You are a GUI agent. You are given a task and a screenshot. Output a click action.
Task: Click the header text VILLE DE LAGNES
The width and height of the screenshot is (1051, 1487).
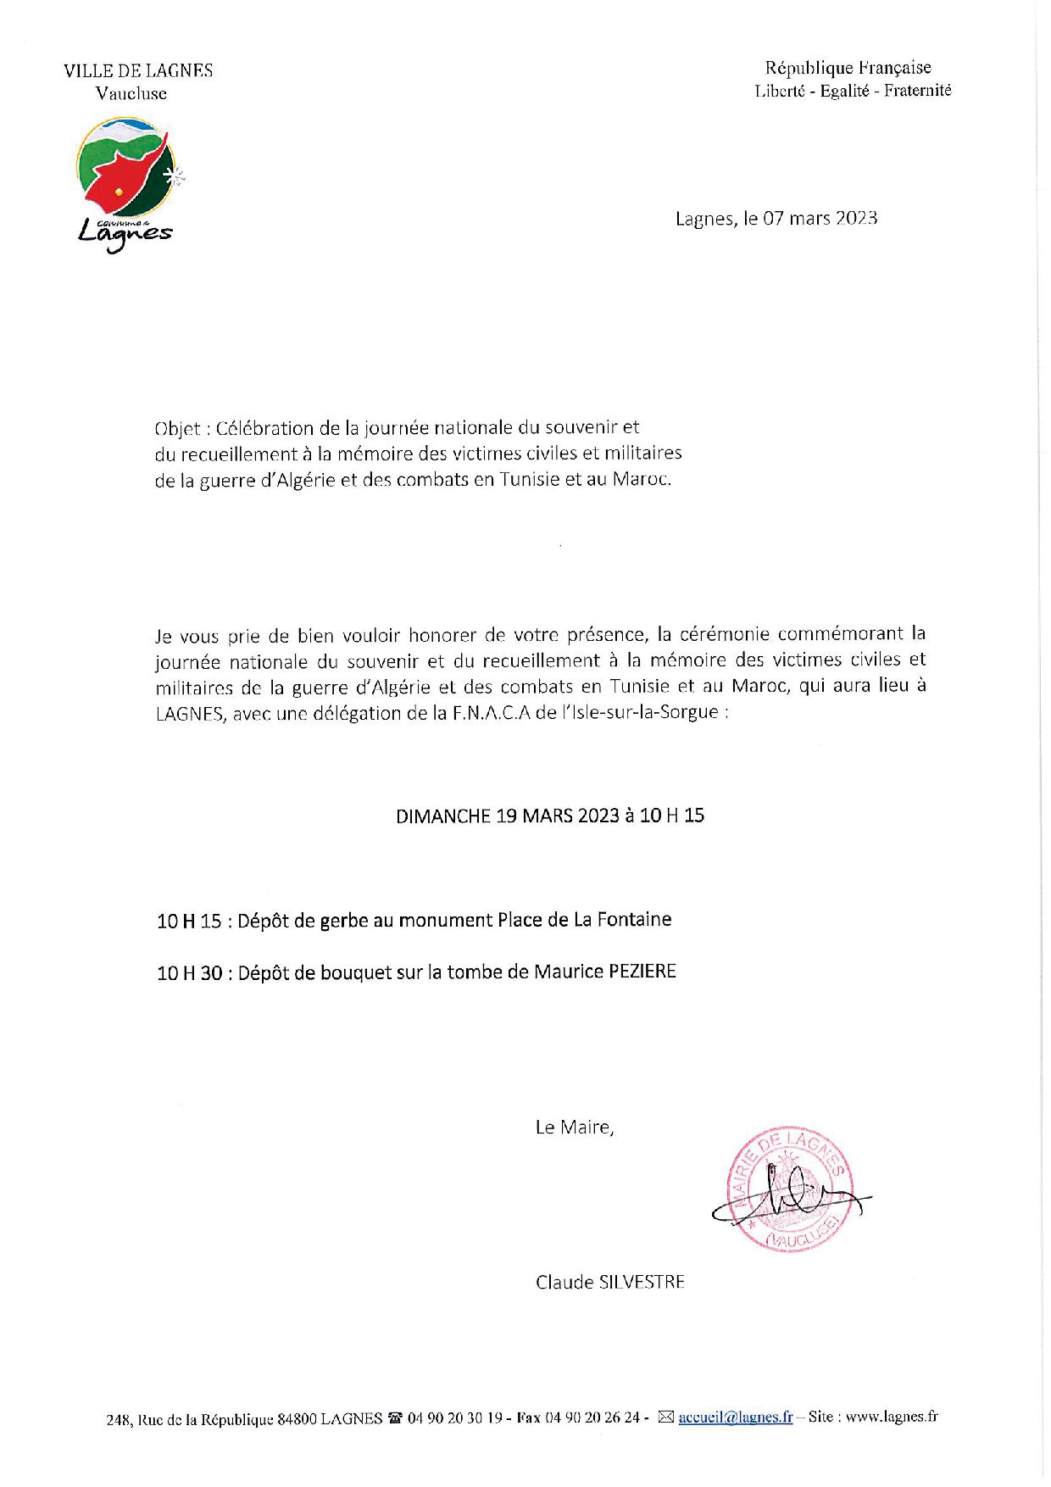tap(138, 71)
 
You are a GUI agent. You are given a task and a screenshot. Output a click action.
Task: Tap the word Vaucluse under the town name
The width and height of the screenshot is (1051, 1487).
tap(131, 94)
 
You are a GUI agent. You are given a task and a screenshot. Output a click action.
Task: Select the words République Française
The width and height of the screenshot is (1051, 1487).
tap(848, 68)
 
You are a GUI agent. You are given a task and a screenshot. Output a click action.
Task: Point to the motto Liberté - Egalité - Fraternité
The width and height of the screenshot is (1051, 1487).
tap(853, 91)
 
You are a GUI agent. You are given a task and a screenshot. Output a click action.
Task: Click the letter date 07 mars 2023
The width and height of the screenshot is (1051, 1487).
tap(820, 218)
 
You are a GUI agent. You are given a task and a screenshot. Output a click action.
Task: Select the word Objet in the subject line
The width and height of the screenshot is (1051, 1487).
tap(177, 429)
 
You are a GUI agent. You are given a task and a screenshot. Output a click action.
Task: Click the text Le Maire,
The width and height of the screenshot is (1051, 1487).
tap(574, 1128)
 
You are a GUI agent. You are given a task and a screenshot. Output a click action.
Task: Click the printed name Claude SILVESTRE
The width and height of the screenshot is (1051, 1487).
tap(609, 1283)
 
